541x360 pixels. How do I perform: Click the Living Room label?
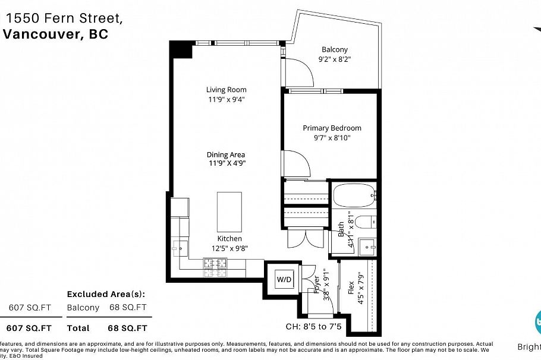coord(226,90)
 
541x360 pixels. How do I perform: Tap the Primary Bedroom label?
coord(332,128)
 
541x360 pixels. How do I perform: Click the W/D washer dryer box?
coord(283,278)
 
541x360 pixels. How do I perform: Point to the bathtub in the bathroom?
coord(353,195)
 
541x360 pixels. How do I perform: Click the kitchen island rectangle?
coord(230,212)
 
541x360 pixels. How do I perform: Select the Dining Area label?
coord(226,154)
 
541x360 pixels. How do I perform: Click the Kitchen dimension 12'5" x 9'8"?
coord(229,249)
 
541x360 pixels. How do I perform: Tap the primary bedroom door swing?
coord(295,163)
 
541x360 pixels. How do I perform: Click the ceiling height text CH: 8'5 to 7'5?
coord(314,326)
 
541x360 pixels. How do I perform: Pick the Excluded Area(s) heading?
coord(106,294)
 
